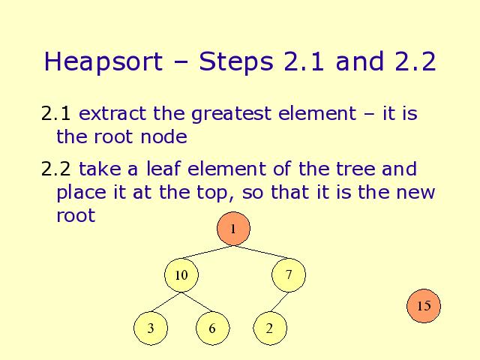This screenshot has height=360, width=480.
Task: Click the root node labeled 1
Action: (x=233, y=229)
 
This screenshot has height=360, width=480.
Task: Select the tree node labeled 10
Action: (x=181, y=275)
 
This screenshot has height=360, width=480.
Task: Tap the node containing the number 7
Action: (x=288, y=275)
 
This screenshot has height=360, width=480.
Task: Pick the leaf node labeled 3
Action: (x=151, y=328)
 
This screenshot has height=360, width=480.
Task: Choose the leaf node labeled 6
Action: (x=212, y=328)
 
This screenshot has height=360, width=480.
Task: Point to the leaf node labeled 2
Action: (x=270, y=328)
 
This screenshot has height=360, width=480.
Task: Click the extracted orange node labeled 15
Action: (x=424, y=306)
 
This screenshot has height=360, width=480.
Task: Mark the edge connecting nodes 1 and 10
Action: (x=207, y=252)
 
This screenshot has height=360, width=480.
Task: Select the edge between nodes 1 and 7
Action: (x=261, y=252)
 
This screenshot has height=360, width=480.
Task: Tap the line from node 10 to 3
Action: (x=166, y=302)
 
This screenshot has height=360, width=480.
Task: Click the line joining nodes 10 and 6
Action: (x=196, y=302)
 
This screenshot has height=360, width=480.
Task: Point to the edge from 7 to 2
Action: (x=279, y=302)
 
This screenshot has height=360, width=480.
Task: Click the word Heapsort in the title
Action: (x=103, y=61)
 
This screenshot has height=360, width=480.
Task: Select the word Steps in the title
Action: (x=236, y=61)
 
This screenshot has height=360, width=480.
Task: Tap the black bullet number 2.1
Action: (x=56, y=113)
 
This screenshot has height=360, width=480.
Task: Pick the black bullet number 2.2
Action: (x=56, y=169)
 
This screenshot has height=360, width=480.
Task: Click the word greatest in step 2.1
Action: (x=232, y=114)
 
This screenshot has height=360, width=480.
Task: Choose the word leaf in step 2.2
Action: (x=163, y=168)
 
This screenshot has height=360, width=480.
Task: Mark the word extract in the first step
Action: (x=112, y=113)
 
